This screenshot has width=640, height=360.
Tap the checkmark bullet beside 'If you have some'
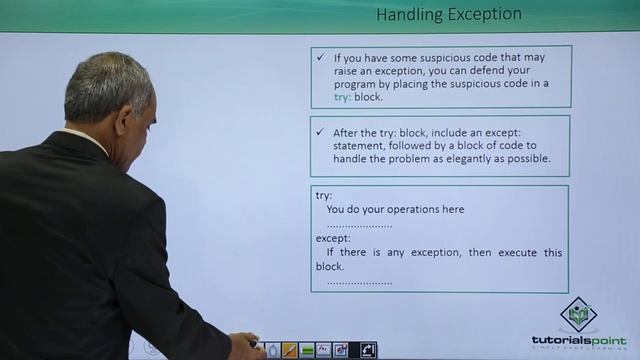[x=320, y=59]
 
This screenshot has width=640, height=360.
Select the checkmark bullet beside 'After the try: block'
[x=320, y=132]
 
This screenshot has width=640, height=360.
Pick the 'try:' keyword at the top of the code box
[x=323, y=196]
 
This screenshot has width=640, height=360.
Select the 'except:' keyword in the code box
[x=333, y=239]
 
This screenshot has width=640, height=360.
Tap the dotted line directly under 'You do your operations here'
[x=360, y=226]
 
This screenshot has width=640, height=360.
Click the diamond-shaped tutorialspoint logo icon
[x=578, y=314]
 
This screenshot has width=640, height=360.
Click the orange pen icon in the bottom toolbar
[x=289, y=350]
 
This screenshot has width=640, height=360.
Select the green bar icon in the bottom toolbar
[x=306, y=350]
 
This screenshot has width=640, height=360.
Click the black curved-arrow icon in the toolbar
[x=368, y=350]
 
